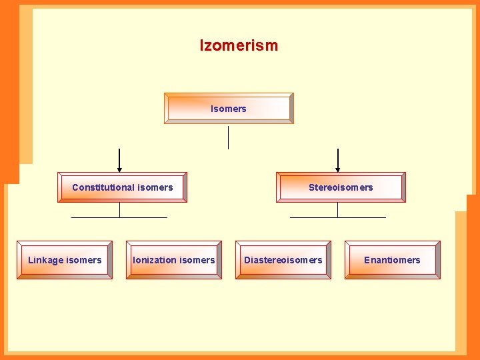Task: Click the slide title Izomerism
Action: coord(239,45)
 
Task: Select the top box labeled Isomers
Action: coord(229,109)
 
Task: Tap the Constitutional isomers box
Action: coord(122,187)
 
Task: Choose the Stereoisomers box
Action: coord(341,187)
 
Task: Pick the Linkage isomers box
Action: coord(65,260)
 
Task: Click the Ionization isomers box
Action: coord(174,260)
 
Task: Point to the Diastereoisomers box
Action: coord(283,260)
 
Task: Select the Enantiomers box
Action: coord(392,260)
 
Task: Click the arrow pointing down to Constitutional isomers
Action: coord(119,161)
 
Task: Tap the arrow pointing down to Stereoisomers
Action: coord(338,161)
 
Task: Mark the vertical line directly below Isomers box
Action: coord(228,137)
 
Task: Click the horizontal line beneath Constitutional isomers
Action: coord(93,217)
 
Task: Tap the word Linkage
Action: coord(46,260)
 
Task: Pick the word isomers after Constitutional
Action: coord(155,187)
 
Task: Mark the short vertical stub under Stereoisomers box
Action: coord(337,209)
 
